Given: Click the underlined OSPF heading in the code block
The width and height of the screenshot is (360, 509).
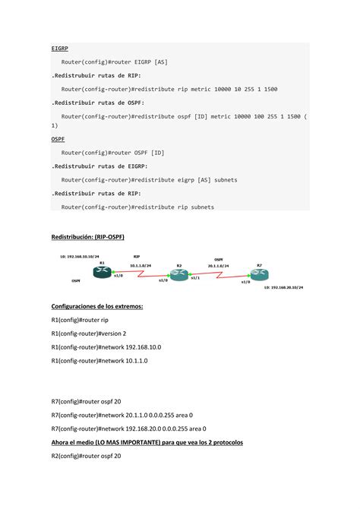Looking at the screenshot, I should (x=58, y=139).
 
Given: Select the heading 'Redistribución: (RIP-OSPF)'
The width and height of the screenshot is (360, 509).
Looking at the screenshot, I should (x=87, y=237).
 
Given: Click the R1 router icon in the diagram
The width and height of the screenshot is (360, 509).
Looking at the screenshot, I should (x=102, y=271).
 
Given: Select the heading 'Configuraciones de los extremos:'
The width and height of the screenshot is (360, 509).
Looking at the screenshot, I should (x=96, y=305).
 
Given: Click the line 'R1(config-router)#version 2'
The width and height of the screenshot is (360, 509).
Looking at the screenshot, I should (x=88, y=333).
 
